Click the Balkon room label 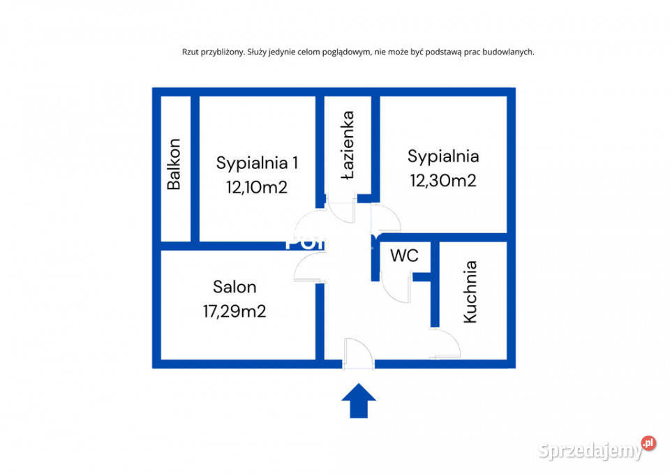174,165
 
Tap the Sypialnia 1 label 257,163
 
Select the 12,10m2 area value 257,186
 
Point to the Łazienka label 348,145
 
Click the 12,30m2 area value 443,180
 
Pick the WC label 404,255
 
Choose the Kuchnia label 470,292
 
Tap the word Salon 234,286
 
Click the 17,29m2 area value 234,311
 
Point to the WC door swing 397,287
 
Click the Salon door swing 308,267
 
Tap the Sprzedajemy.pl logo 597,449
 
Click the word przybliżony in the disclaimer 220,52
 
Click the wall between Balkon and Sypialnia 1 195,168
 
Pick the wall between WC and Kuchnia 434,283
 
